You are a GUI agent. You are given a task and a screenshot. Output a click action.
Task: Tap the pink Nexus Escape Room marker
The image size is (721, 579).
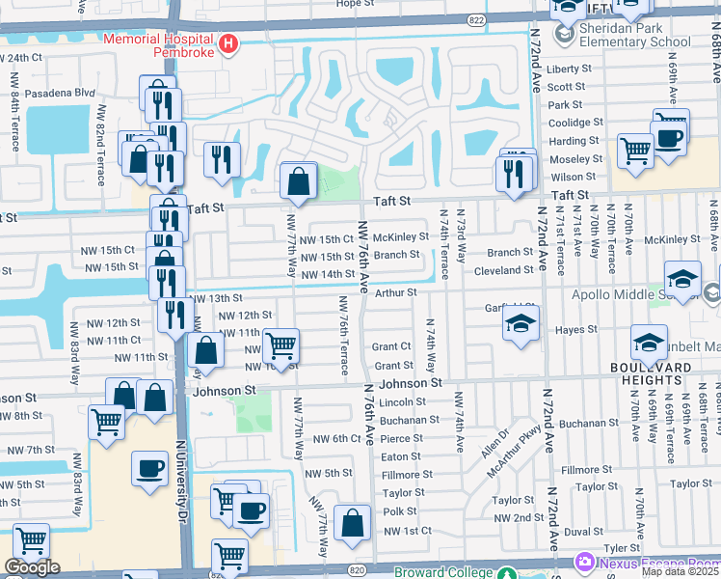click(585, 562)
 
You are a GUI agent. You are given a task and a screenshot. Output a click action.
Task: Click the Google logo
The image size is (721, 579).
click(33, 567)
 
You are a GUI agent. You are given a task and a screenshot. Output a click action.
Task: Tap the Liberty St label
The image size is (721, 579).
click(569, 69)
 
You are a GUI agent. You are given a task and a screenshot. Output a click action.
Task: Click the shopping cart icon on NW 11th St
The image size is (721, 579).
click(280, 344)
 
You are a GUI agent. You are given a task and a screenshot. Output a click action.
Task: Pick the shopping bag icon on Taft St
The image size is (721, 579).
click(299, 180)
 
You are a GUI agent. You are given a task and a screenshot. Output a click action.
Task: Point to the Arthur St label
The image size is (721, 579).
click(395, 292)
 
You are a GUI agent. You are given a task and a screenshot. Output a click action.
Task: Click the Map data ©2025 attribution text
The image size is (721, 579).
click(680, 571)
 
